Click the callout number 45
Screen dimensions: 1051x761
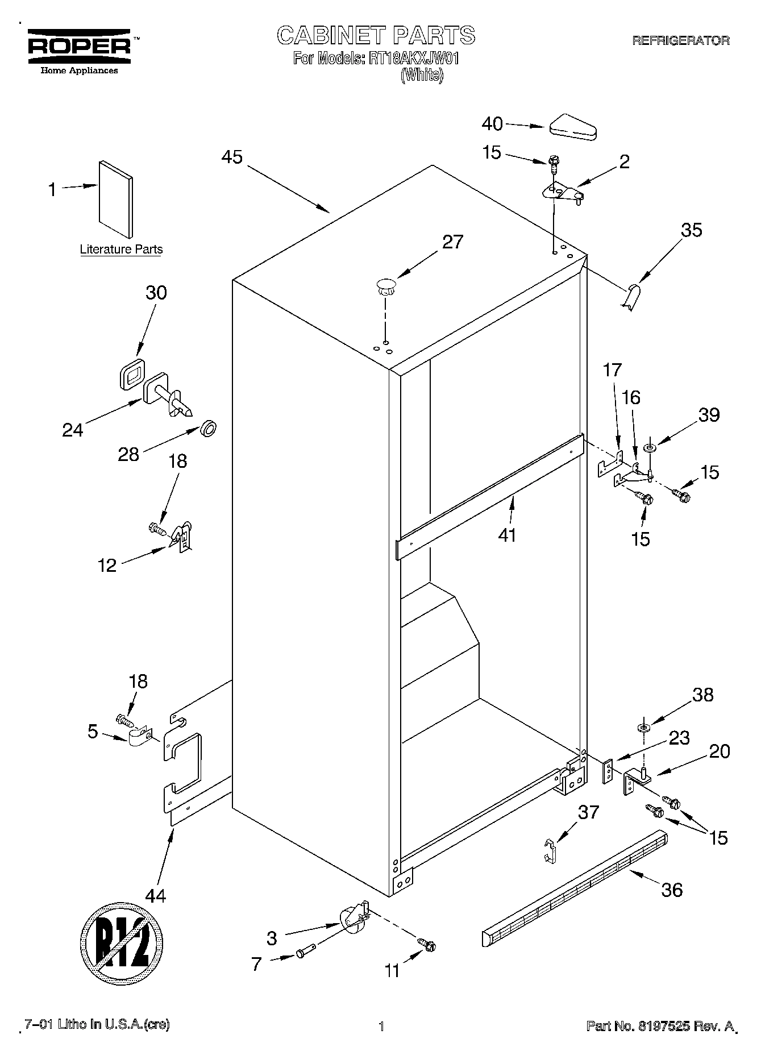tap(232, 157)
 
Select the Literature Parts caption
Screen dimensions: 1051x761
tap(121, 249)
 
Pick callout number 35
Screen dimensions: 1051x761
tap(692, 230)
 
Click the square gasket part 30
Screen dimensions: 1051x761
tap(132, 374)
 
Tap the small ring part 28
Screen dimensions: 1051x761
tap(209, 428)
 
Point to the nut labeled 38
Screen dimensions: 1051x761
tap(643, 728)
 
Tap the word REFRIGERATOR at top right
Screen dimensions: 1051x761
tap(681, 40)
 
